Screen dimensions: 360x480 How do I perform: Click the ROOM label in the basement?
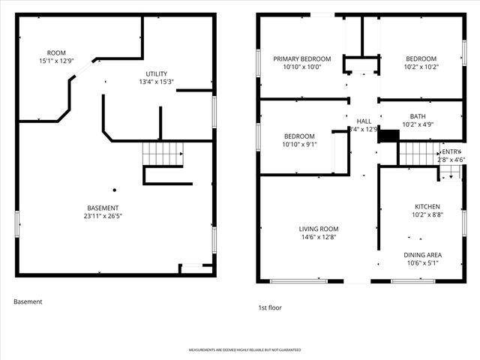[56, 52]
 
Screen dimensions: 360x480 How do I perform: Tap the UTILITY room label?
[156, 73]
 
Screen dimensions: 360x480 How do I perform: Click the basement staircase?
[163, 154]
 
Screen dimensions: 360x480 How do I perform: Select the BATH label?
[418, 116]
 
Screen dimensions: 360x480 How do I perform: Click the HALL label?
[364, 121]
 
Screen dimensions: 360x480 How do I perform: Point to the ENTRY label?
[452, 151]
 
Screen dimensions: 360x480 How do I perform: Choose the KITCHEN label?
[427, 206]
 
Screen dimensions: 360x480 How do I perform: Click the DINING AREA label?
[422, 254]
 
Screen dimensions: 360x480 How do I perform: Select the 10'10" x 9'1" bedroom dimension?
[299, 144]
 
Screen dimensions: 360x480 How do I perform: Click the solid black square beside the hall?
[388, 135]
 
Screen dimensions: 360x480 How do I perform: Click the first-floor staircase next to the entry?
[417, 154]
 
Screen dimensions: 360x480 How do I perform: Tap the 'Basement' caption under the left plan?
[28, 301]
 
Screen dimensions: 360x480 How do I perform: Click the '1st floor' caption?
[269, 307]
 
